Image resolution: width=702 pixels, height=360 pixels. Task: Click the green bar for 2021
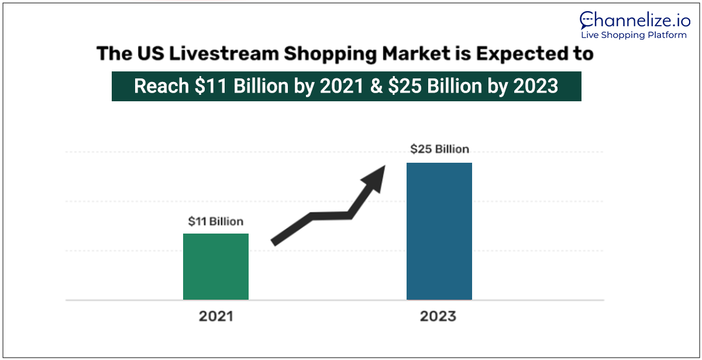[216, 266]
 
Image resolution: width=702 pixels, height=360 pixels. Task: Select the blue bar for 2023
[439, 231]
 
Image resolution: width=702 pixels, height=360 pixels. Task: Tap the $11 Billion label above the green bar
[215, 222]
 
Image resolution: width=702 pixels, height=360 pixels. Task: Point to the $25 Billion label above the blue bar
[439, 149]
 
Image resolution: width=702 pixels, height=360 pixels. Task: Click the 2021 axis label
[216, 317]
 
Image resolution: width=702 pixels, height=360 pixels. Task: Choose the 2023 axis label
[438, 317]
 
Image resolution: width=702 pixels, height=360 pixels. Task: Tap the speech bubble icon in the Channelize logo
[587, 20]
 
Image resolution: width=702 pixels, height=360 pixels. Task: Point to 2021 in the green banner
[339, 87]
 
